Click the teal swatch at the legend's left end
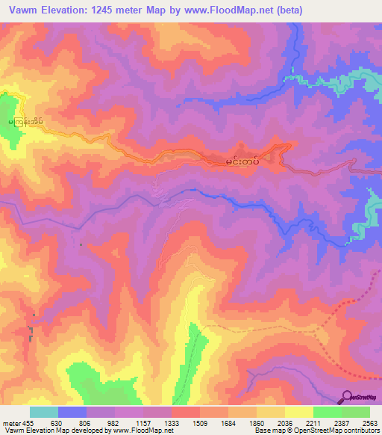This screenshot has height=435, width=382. pyautogui.click(x=44, y=412)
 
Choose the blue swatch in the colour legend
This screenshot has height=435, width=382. pyautogui.click(x=72, y=412)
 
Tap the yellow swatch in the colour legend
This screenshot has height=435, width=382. pyautogui.click(x=299, y=412)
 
